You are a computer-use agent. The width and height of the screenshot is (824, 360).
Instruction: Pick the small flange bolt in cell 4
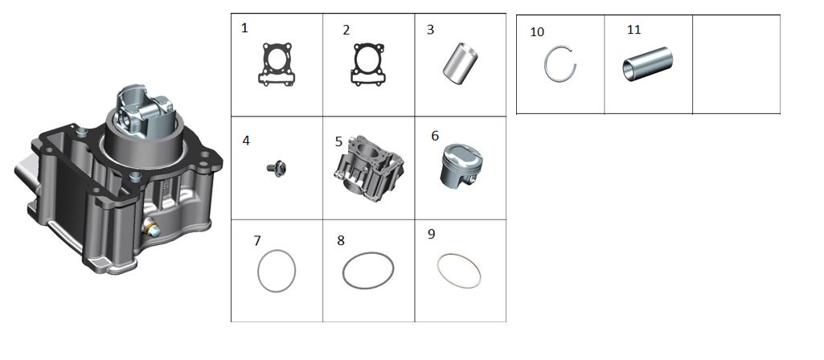(x=277, y=169)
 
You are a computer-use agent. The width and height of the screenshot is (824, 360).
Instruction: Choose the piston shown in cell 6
(x=461, y=166)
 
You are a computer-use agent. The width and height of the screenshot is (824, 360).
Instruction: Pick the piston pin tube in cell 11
(x=647, y=64)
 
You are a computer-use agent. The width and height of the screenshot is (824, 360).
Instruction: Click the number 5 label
(x=339, y=142)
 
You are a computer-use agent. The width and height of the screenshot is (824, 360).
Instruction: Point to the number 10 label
(x=537, y=32)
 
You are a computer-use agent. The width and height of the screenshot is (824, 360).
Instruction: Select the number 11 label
(x=634, y=30)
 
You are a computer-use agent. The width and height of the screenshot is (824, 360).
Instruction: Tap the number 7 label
(x=257, y=241)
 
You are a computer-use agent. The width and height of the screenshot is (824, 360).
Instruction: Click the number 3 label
(x=430, y=30)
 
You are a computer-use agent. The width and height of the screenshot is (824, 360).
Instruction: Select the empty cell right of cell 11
(x=736, y=64)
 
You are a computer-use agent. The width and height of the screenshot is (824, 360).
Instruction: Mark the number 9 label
(x=432, y=235)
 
